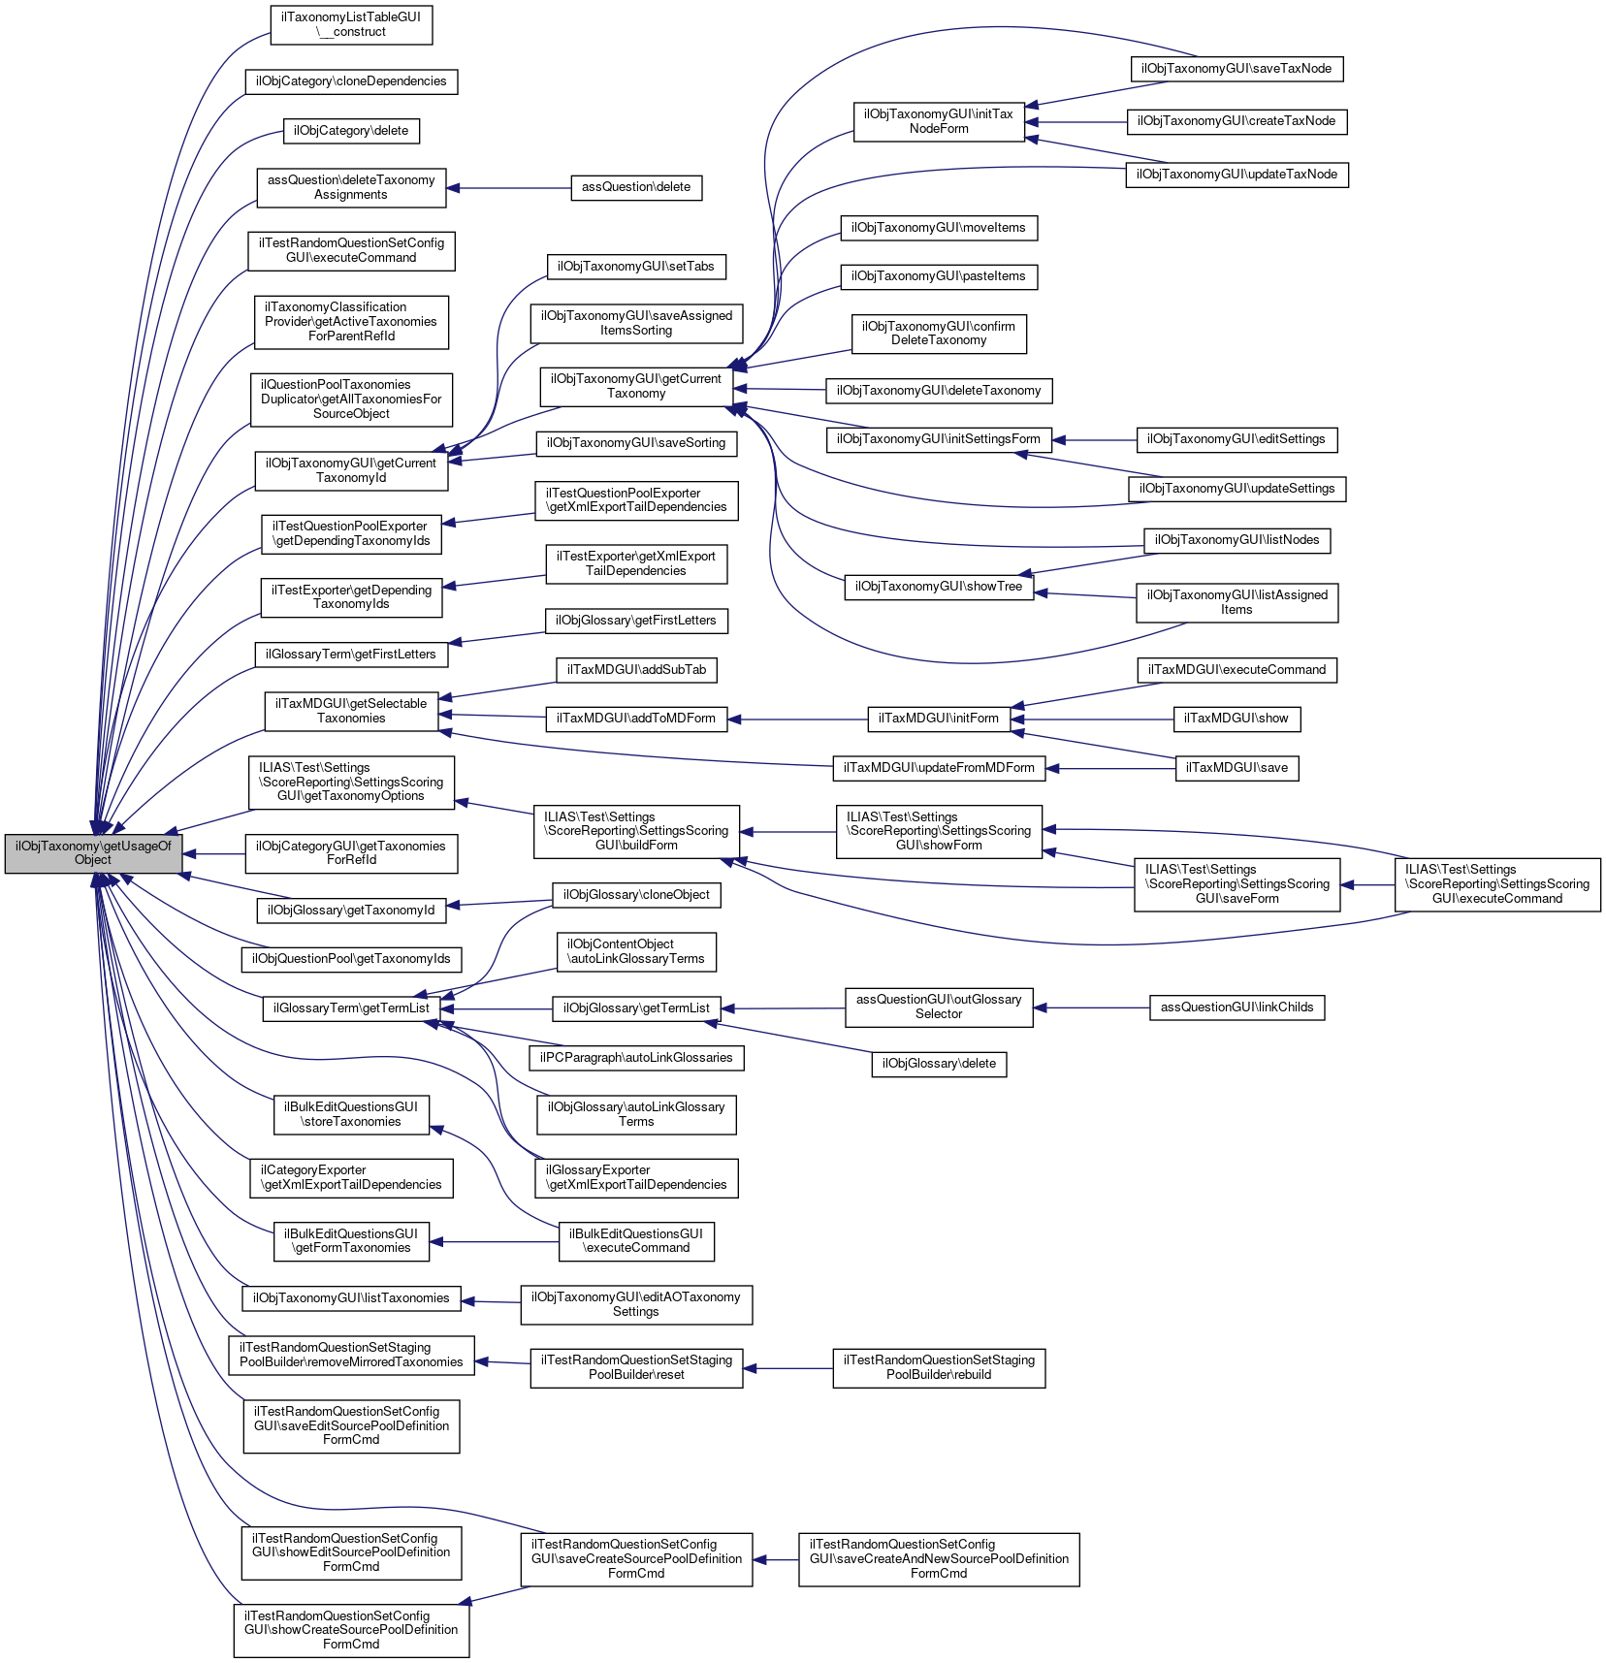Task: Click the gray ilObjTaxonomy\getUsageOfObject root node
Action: pyautogui.click(x=93, y=852)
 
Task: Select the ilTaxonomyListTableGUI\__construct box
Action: pyautogui.click(x=351, y=24)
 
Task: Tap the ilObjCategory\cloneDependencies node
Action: pyautogui.click(x=351, y=81)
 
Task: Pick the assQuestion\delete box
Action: pyautogui.click(x=636, y=187)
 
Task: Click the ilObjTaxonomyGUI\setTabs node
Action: pyautogui.click(x=636, y=267)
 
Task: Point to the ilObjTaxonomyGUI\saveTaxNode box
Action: pyautogui.click(x=1237, y=69)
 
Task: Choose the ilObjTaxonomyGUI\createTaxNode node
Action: pyautogui.click(x=1237, y=121)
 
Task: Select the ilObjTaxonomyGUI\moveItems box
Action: pyautogui.click(x=939, y=228)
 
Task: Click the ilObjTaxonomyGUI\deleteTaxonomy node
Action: pyautogui.click(x=939, y=391)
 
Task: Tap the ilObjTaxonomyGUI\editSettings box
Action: pyautogui.click(x=1237, y=439)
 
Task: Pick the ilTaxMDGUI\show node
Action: pyautogui.click(x=1237, y=719)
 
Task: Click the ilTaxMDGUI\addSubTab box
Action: pyautogui.click(x=636, y=670)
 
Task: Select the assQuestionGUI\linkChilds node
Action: pyautogui.click(x=1237, y=1007)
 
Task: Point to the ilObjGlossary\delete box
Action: pyautogui.click(x=939, y=1064)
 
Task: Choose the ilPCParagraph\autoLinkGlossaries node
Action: pyautogui.click(x=636, y=1058)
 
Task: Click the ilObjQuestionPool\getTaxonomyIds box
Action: pyautogui.click(x=351, y=959)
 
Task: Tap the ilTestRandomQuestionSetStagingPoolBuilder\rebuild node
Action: pyautogui.click(x=939, y=1367)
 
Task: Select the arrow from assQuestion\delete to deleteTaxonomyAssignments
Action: pyautogui.click(x=509, y=188)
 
